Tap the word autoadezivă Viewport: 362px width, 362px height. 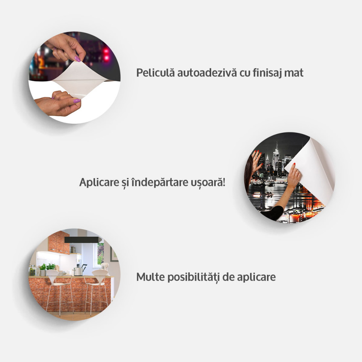207,72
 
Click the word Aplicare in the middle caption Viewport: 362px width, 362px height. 99,183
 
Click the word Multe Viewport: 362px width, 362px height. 150,277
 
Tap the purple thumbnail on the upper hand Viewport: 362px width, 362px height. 78,59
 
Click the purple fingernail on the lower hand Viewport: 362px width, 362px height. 77,101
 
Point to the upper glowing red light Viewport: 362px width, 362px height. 106,51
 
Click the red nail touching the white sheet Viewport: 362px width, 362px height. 295,164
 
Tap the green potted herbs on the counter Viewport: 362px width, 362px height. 47,267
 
